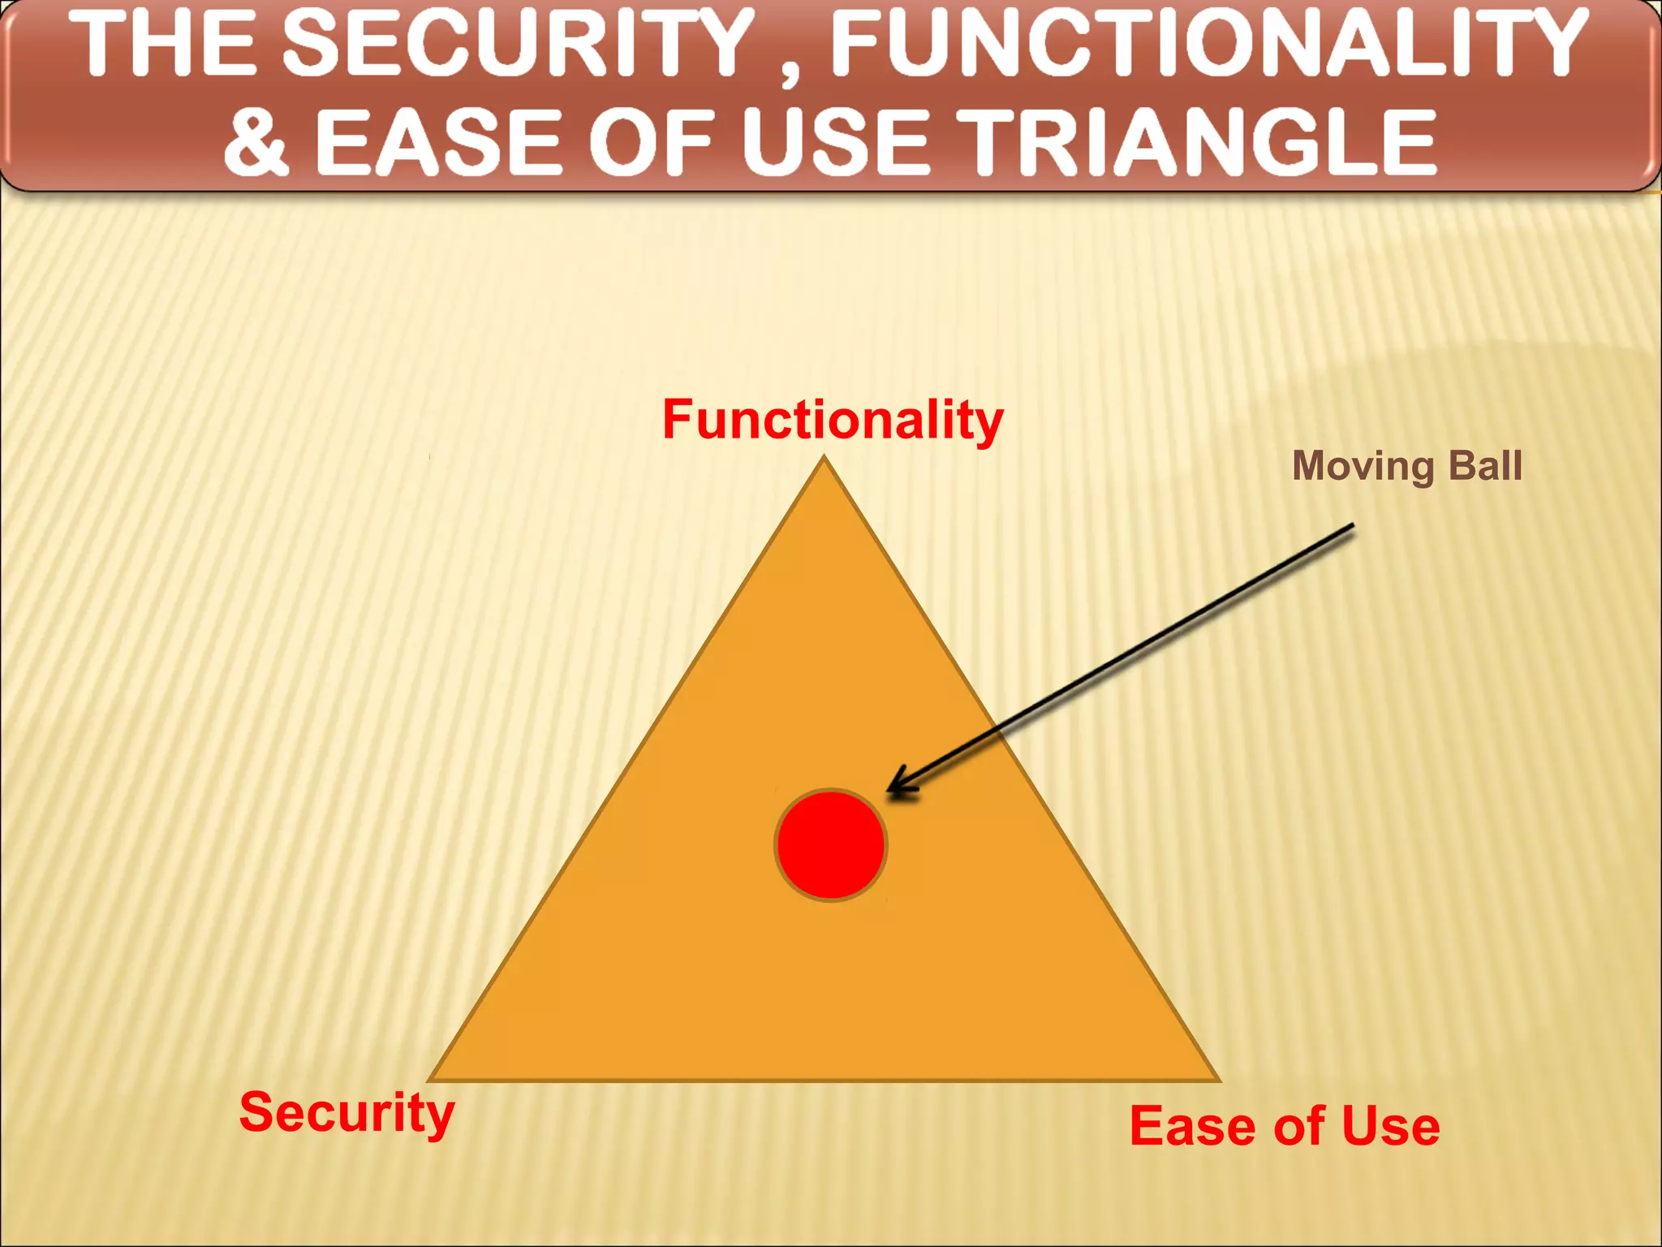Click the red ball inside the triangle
click(x=830, y=845)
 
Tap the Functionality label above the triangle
click(x=833, y=420)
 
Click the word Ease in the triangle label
click(x=1189, y=1126)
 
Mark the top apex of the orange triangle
click(x=825, y=460)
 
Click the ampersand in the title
click(x=256, y=142)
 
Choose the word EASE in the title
click(x=438, y=142)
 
